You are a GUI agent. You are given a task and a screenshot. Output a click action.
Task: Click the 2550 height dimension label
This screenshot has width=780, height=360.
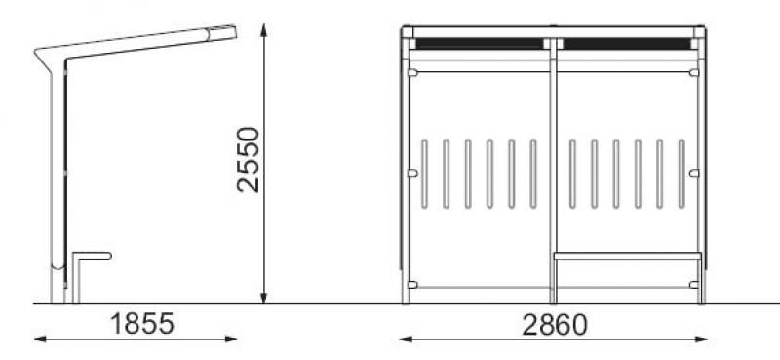pos(249,160)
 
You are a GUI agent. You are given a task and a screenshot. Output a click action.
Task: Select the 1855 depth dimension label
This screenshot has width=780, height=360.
pos(142,324)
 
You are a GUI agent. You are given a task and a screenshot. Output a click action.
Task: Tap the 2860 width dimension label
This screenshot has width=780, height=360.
pos(555,325)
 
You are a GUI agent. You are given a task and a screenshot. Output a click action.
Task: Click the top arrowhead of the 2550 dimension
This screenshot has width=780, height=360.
pos(263,30)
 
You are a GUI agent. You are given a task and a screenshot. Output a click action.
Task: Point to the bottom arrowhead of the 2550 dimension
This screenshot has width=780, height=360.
pos(263,298)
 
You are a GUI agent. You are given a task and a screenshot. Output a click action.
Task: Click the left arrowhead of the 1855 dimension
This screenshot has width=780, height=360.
pos(40,340)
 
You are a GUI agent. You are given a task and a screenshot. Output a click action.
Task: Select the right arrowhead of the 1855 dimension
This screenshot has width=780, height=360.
pos(231,340)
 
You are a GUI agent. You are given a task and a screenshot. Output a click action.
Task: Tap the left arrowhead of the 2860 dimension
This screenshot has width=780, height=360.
pos(406,340)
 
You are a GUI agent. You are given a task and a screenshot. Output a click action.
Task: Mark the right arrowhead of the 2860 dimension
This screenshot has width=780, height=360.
pos(700,340)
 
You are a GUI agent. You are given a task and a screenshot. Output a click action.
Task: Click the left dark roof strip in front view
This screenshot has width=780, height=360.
pos(480,44)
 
